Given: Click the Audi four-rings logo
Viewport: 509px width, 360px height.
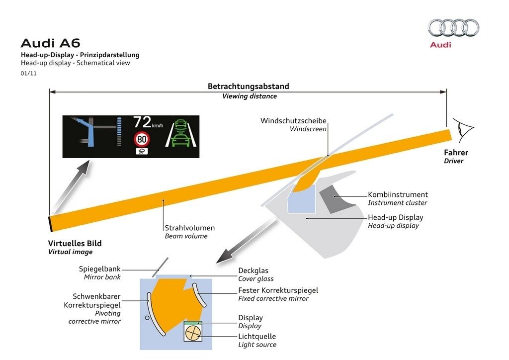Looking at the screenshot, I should (x=453, y=28).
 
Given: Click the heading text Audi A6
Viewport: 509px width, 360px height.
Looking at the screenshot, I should (x=50, y=43).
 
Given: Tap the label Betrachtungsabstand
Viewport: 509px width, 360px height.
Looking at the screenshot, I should (x=248, y=86).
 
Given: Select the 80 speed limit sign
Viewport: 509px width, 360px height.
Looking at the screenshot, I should (x=142, y=139).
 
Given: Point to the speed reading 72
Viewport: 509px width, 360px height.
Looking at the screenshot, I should (x=142, y=122).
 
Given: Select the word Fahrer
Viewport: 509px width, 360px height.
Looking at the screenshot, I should (x=456, y=153).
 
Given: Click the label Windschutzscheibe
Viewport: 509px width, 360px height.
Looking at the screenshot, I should (x=293, y=121).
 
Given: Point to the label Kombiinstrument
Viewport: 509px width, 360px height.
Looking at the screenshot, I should (x=398, y=194).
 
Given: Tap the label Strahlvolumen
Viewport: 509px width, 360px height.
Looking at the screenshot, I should (x=190, y=228).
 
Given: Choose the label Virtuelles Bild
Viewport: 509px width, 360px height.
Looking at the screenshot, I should (x=75, y=243).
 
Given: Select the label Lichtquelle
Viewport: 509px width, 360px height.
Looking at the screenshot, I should (x=257, y=336).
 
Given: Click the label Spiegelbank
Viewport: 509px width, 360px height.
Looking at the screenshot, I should (x=99, y=269).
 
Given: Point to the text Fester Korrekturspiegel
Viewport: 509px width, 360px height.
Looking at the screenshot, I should (x=278, y=290).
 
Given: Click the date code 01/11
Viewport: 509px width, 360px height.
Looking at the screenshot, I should (x=28, y=73).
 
